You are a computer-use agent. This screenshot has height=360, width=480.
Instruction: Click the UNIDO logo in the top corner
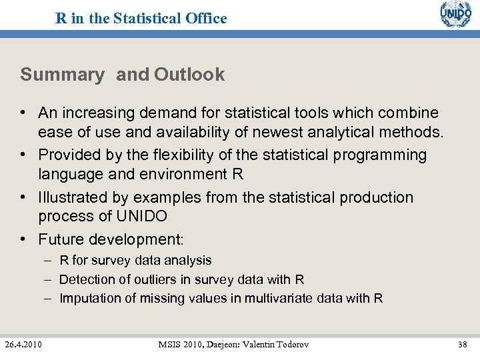click(455, 14)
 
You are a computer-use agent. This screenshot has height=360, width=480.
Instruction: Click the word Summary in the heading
click(62, 75)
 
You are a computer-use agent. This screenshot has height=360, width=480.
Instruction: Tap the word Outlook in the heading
click(189, 75)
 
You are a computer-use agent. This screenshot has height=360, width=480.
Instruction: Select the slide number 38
click(462, 344)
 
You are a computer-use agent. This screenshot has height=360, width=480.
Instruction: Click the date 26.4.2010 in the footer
click(23, 344)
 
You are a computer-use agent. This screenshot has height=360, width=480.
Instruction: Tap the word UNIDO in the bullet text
click(142, 216)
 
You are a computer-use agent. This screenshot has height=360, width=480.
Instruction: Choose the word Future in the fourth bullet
click(63, 239)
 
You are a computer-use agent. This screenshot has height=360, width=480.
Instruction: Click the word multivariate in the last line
click(280, 298)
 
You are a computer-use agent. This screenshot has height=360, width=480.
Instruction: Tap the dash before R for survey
click(49, 261)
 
